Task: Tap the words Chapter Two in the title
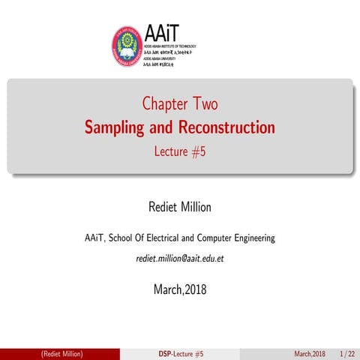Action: (179, 104)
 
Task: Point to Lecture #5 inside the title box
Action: (179, 149)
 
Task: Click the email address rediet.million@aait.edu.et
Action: (179, 259)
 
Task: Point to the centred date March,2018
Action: (179, 289)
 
